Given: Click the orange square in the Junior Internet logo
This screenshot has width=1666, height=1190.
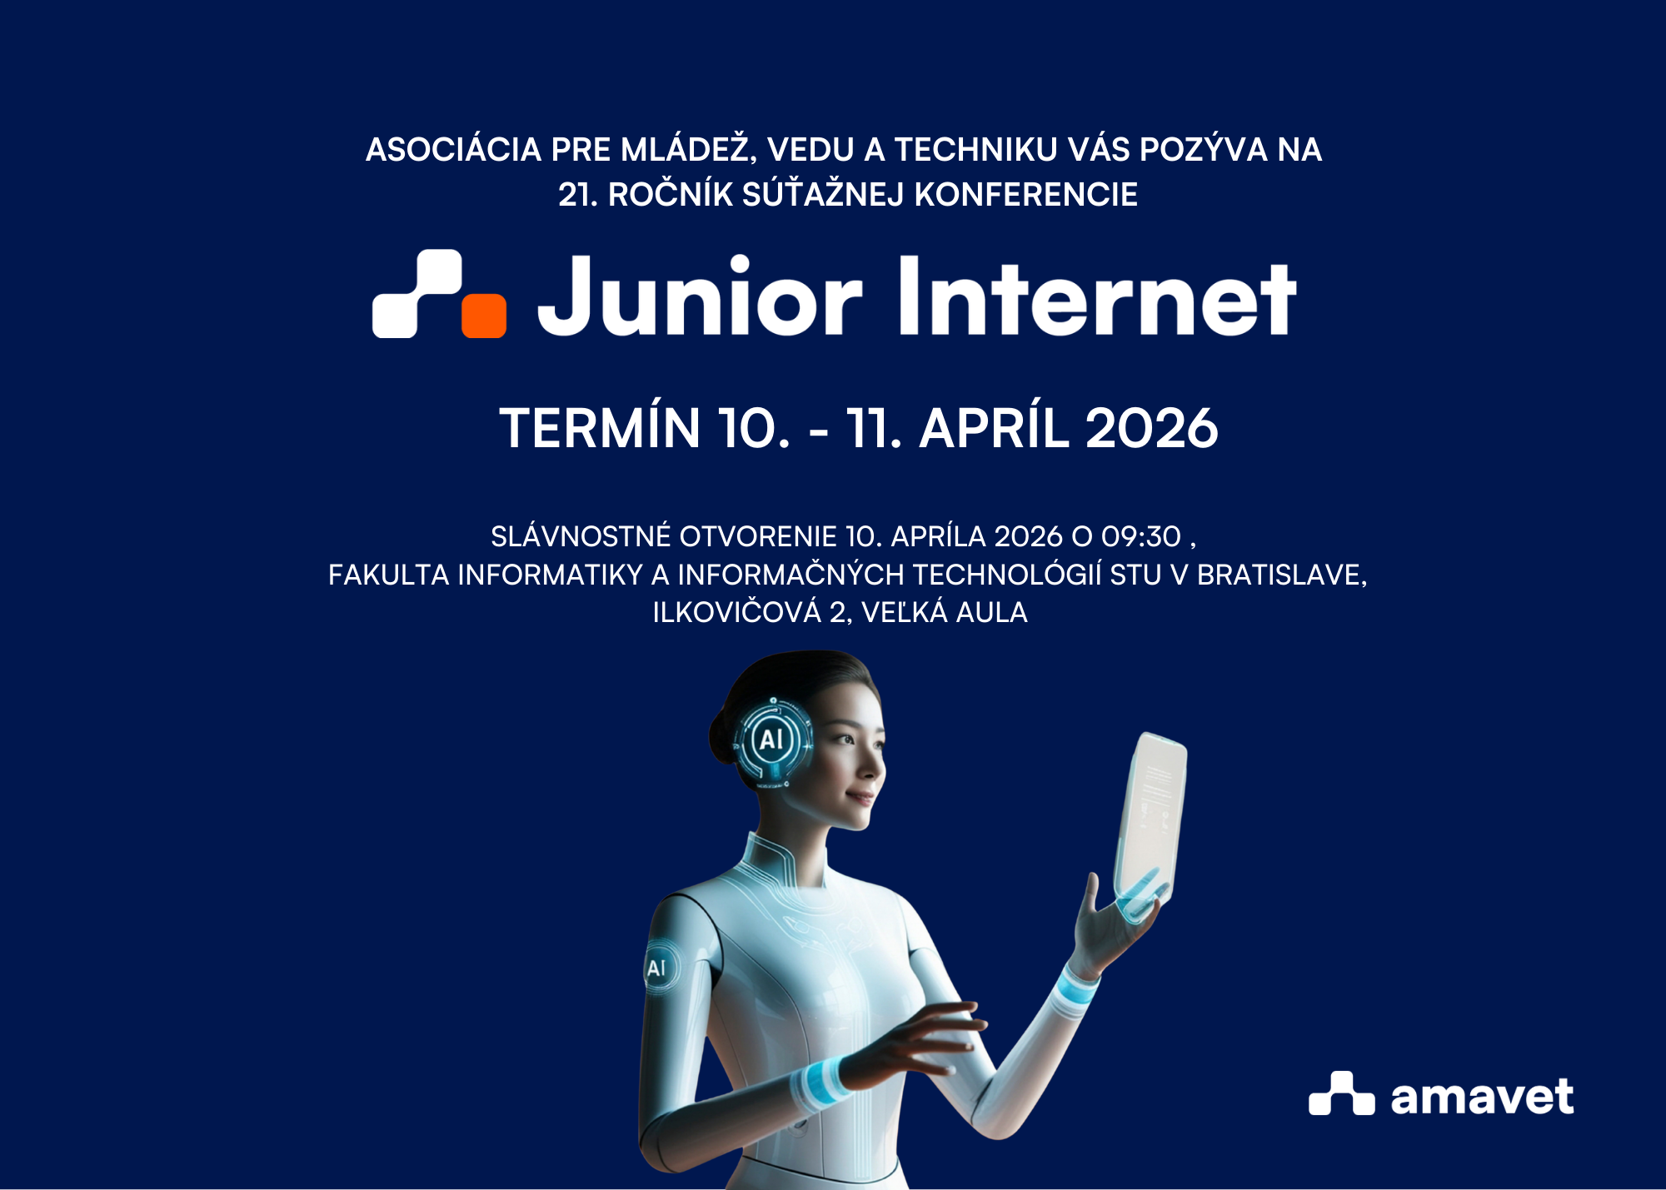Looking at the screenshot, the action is pos(484,316).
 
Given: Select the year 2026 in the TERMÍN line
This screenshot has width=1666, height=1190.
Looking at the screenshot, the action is pos(1152,429).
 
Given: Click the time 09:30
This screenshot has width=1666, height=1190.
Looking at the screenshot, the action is pos(1141,537).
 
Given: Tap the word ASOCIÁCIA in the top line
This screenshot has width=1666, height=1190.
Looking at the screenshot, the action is pos(454,150).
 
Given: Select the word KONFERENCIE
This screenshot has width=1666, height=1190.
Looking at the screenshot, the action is pos(1026,195).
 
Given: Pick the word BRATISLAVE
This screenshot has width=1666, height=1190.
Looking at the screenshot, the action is pos(1282,575).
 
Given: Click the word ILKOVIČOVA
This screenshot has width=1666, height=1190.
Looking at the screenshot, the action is pos(736,612).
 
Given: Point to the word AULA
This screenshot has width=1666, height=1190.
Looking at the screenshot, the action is pos(991,613).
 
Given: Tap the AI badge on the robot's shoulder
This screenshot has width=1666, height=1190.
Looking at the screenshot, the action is pos(660,967).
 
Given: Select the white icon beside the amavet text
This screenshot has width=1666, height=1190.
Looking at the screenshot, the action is pos(1341,1093).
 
